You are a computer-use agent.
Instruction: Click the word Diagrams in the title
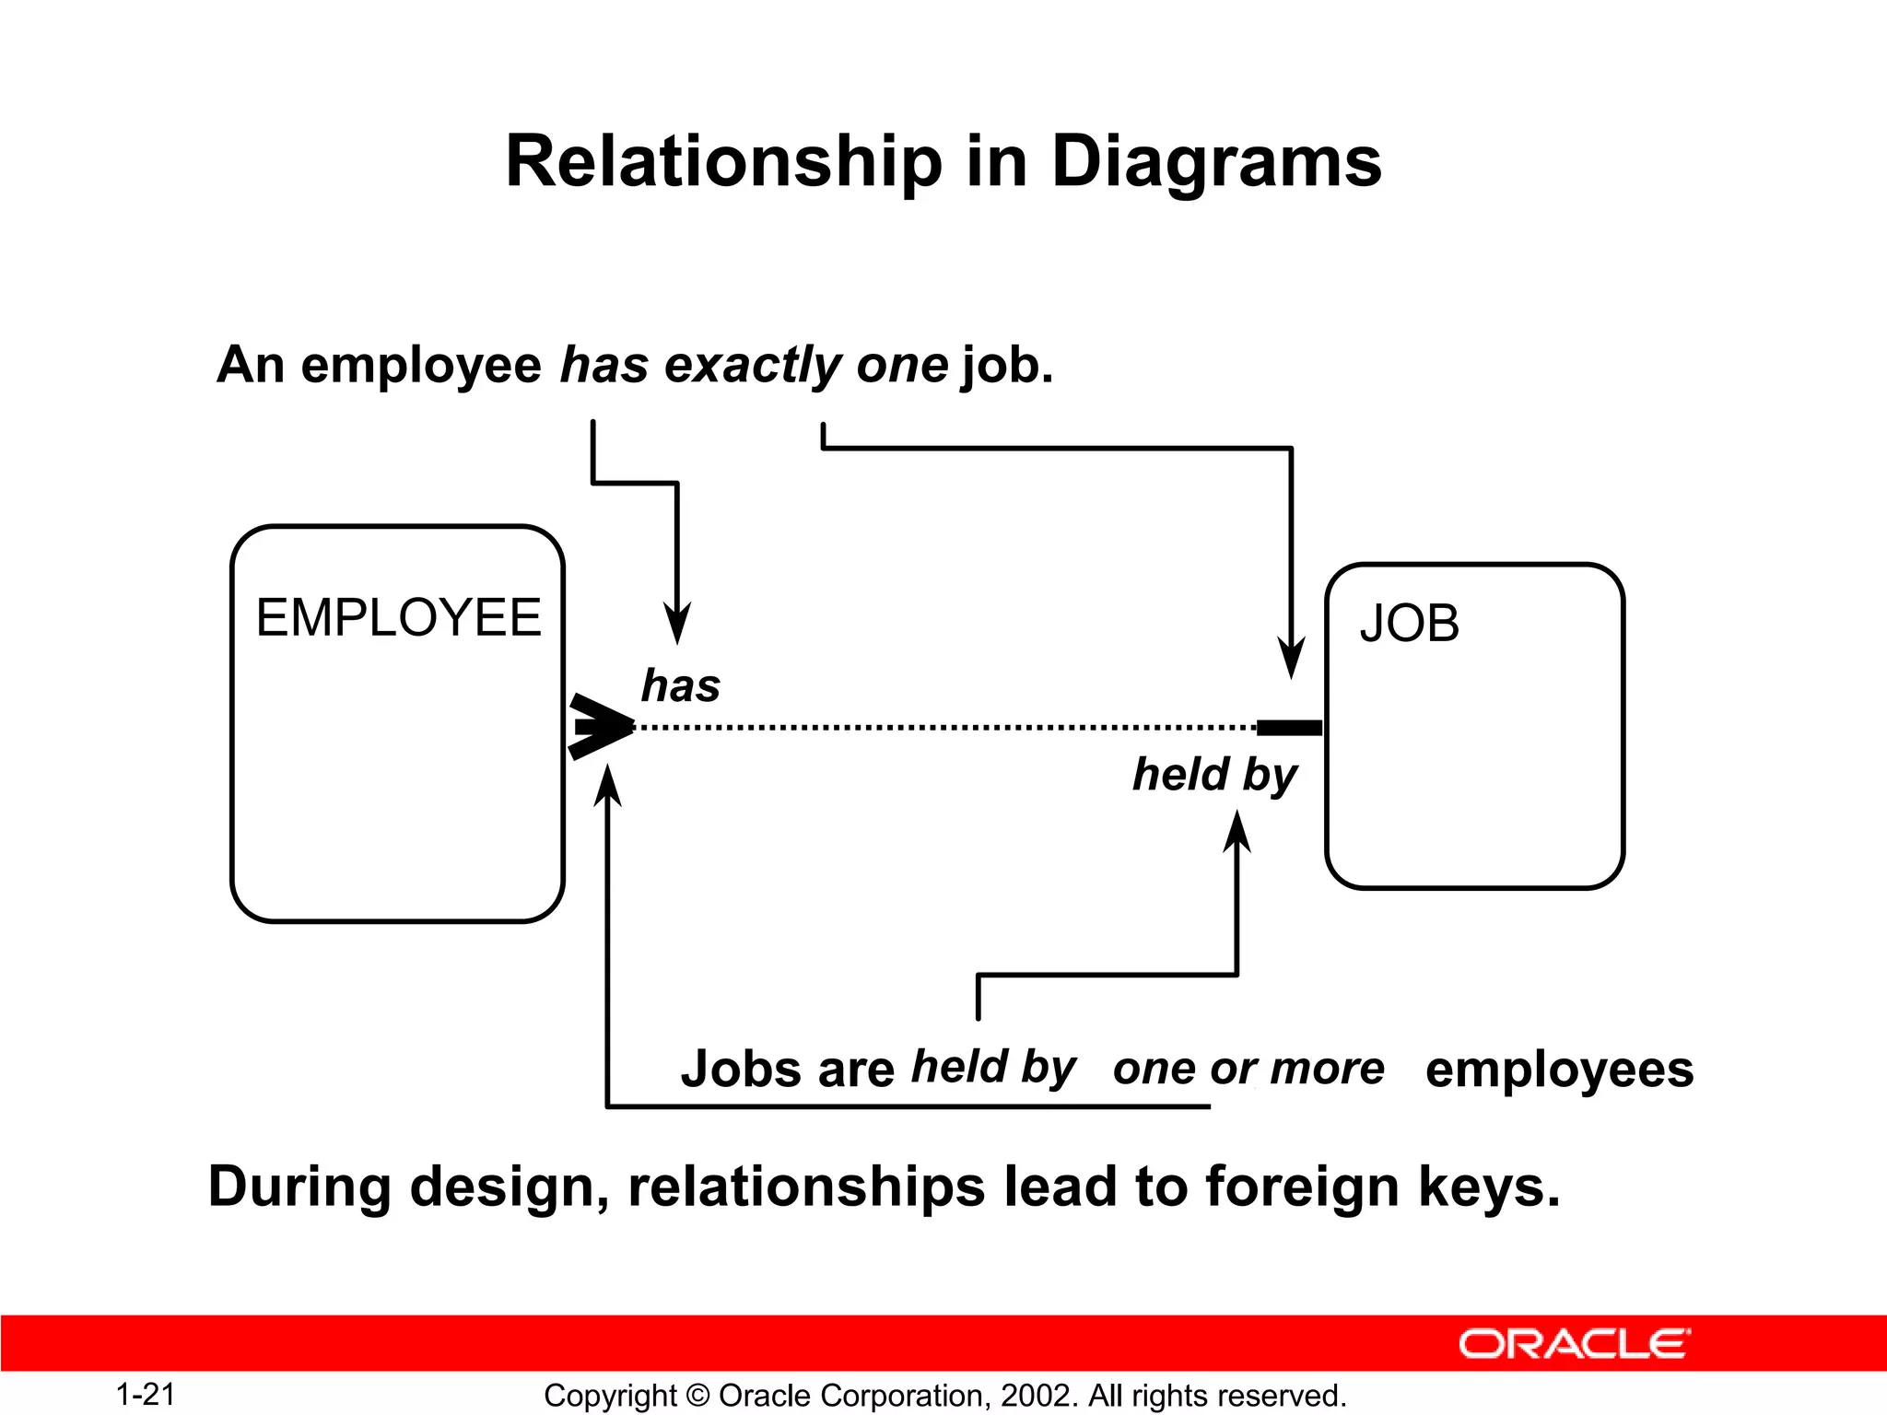click(1215, 162)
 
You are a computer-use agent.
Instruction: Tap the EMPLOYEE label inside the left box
click(398, 617)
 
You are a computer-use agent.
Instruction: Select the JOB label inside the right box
click(1409, 624)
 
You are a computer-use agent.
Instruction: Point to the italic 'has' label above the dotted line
click(680, 686)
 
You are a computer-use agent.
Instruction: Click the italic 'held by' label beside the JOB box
click(1214, 775)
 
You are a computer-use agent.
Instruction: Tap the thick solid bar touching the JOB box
click(1289, 728)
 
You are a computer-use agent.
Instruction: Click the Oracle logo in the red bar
click(1574, 1344)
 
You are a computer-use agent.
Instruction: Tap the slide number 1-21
click(146, 1394)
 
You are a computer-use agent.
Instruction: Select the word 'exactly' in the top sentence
click(753, 365)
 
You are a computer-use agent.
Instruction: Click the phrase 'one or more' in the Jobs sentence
click(1248, 1069)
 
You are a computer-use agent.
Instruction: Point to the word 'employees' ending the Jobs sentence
click(1559, 1070)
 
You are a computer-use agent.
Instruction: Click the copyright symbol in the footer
click(698, 1396)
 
